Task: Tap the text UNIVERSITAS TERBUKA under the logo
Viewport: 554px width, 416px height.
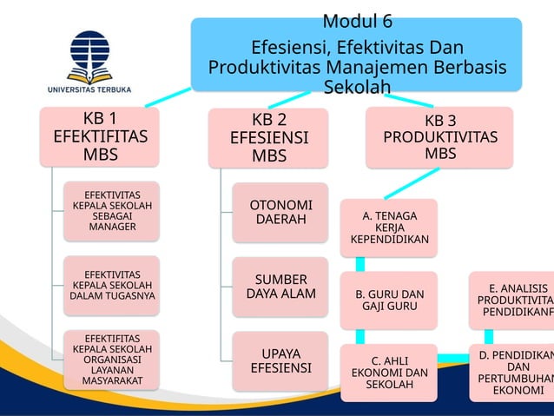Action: point(89,88)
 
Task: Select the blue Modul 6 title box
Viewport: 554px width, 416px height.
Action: point(356,54)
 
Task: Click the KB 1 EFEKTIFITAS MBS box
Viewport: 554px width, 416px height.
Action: point(100,136)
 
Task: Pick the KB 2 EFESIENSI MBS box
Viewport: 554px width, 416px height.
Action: point(268,137)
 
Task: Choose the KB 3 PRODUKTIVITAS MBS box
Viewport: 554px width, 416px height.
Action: point(440,137)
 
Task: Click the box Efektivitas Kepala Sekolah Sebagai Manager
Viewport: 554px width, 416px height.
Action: point(112,211)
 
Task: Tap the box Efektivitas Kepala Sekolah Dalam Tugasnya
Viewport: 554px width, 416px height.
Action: point(112,285)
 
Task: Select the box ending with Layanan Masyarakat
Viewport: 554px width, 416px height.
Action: point(112,359)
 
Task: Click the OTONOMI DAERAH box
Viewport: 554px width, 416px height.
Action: point(280,212)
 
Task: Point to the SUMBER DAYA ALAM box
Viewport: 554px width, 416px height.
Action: point(280,287)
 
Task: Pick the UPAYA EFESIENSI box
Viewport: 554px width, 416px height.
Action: point(280,360)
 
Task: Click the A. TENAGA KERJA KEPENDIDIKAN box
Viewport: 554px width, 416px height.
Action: point(388,228)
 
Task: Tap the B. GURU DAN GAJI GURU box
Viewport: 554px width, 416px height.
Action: point(388,300)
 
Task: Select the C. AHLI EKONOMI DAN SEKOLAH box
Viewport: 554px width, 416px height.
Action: point(388,373)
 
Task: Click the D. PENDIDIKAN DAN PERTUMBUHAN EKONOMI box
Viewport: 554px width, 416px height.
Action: point(512,373)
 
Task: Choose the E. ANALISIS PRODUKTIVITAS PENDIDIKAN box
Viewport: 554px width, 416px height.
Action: point(512,300)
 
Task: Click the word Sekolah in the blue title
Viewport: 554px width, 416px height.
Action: point(356,87)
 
